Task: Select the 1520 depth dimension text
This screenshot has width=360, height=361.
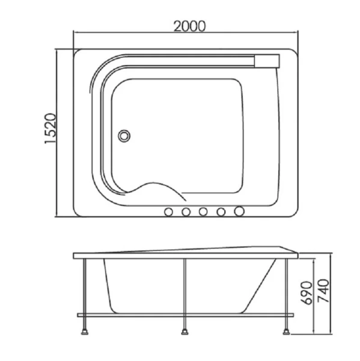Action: (50, 128)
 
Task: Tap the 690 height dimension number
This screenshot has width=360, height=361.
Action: (305, 291)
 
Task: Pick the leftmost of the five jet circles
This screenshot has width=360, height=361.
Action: (169, 212)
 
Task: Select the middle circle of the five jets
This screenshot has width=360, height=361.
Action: (204, 212)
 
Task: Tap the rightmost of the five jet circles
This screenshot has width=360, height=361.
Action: (240, 212)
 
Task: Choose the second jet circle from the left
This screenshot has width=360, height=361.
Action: (186, 212)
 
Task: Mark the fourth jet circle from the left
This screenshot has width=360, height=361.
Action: (221, 212)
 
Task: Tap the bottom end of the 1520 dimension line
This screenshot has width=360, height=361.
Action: (58, 217)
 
